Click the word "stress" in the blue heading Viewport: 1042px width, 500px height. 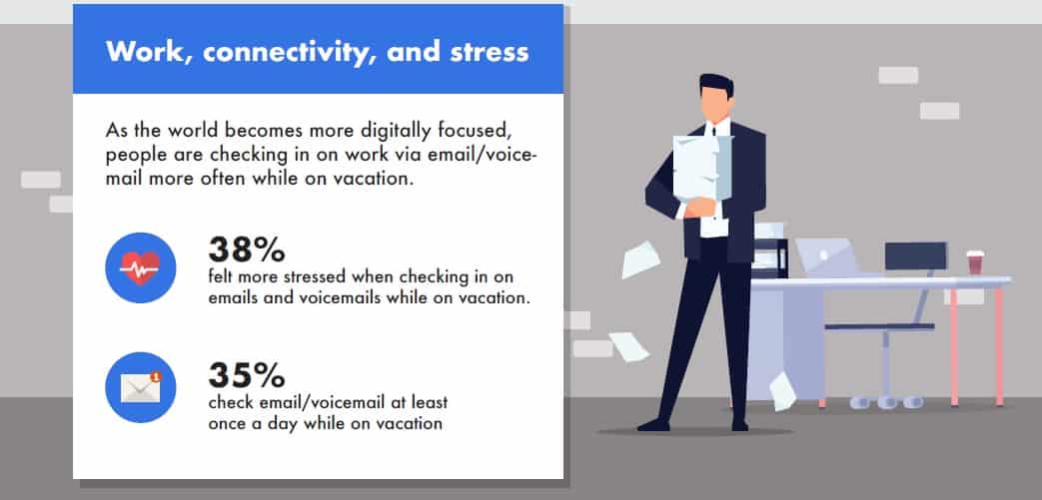(x=490, y=52)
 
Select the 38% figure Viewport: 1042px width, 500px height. (x=247, y=250)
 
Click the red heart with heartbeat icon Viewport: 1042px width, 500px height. (x=140, y=267)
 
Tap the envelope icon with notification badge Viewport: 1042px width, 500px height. (x=140, y=387)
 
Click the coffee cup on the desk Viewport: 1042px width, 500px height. (x=975, y=262)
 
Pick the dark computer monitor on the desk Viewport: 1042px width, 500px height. (x=915, y=256)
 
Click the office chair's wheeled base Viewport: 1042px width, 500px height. (x=886, y=400)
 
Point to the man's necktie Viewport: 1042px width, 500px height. (x=713, y=129)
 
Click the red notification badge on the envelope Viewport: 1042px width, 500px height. (x=156, y=377)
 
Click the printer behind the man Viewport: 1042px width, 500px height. (x=770, y=250)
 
